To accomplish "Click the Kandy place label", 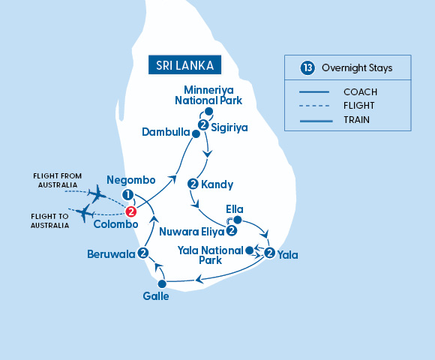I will pyautogui.click(x=218, y=184).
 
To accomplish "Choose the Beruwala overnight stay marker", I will pyautogui.click(x=142, y=253).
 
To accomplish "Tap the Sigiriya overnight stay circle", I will pyautogui.click(x=202, y=125).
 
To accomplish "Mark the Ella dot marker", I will pyautogui.click(x=237, y=220).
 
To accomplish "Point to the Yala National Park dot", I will pyautogui.click(x=250, y=250).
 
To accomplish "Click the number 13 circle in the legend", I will pyautogui.click(x=306, y=67).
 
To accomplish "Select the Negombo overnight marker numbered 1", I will pyautogui.click(x=128, y=196).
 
